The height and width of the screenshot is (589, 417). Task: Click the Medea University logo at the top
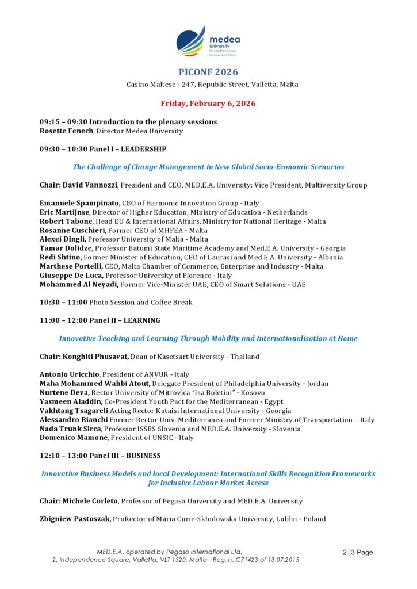pos(208,41)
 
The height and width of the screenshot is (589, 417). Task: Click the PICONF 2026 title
pos(208,72)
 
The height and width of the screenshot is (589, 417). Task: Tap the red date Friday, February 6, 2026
pos(208,104)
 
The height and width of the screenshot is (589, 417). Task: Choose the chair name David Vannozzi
pos(90,185)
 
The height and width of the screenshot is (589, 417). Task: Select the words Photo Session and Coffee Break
pos(141,302)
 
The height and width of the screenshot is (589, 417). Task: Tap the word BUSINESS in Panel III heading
pos(144,456)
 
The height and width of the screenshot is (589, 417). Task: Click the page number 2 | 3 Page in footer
pos(357,552)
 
